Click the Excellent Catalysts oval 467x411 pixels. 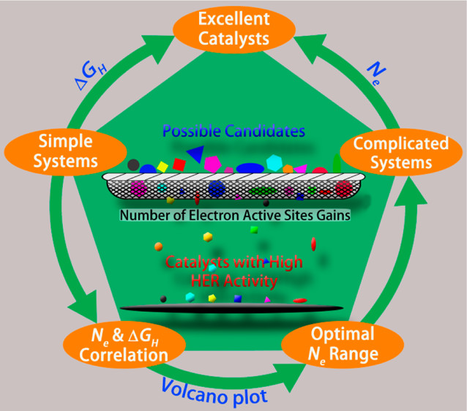(x=234, y=29)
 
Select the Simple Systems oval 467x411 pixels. (x=66, y=152)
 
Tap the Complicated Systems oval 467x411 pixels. (x=401, y=152)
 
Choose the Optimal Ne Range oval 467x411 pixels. (x=343, y=344)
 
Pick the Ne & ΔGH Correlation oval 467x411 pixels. (x=124, y=344)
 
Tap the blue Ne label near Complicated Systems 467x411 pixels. (x=376, y=73)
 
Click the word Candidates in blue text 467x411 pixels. (x=265, y=131)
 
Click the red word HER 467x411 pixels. (x=206, y=281)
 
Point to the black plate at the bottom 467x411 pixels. (x=232, y=309)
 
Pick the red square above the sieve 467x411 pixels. (x=179, y=165)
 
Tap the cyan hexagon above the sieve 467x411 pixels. (x=274, y=162)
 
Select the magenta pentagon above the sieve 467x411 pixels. (x=213, y=164)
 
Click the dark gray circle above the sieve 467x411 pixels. (x=133, y=165)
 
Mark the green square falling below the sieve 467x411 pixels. (x=254, y=230)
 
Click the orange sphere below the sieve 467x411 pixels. (x=158, y=246)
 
